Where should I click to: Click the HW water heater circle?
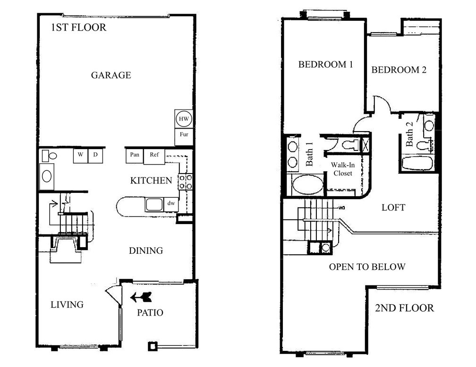pyautogui.click(x=184, y=118)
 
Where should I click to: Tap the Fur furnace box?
pyautogui.click(x=184, y=137)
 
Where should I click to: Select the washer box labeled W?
pyautogui.click(x=80, y=155)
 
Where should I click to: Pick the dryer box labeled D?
pyautogui.click(x=95, y=155)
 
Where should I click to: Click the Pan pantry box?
pyautogui.click(x=135, y=156)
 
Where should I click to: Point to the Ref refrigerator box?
pyautogui.click(x=154, y=156)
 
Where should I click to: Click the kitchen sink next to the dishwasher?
pyautogui.click(x=154, y=205)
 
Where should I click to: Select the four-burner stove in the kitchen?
pyautogui.click(x=185, y=181)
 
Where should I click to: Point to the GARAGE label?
pyautogui.click(x=111, y=75)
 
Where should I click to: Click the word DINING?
pyautogui.click(x=146, y=250)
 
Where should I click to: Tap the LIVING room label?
pyautogui.click(x=67, y=305)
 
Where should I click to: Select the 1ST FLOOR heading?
pyautogui.click(x=78, y=27)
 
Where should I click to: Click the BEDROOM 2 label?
pyautogui.click(x=399, y=70)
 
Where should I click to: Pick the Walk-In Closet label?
pyautogui.click(x=343, y=169)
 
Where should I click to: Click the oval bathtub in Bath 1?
pyautogui.click(x=307, y=185)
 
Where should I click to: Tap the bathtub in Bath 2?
pyautogui.click(x=417, y=164)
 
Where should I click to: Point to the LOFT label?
pyautogui.click(x=393, y=208)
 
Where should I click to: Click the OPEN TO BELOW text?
pyautogui.click(x=367, y=267)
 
